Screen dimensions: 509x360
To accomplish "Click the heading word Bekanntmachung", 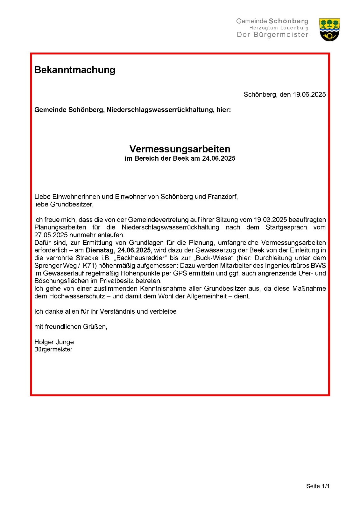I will tap(75, 70).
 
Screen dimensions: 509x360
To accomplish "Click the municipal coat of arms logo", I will tap(329, 30).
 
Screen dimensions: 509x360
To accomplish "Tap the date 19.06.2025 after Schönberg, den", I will tap(309, 94).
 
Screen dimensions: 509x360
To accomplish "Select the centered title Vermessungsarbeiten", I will tap(180, 149).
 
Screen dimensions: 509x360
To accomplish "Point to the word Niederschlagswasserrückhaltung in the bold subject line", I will tap(160, 110).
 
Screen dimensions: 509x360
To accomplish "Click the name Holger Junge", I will tap(54, 342).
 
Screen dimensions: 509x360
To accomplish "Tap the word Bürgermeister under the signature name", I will tap(53, 349).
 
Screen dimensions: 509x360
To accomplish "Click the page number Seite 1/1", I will tap(318, 486).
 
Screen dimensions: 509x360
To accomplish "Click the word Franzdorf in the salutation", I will tap(222, 197).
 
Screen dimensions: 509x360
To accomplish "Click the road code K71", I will tap(89, 266).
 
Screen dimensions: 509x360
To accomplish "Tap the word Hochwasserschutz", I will tap(77, 296).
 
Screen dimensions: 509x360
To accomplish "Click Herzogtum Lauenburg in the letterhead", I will tap(279, 28).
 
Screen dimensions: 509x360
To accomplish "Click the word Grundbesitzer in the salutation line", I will tap(72, 204).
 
